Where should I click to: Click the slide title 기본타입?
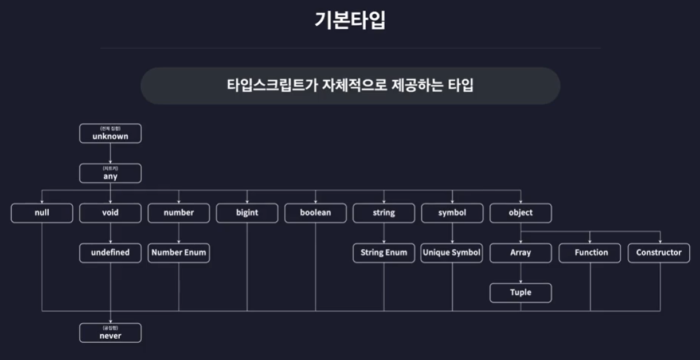pyautogui.click(x=350, y=21)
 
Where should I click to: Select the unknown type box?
pyautogui.click(x=110, y=134)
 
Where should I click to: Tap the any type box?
pyautogui.click(x=110, y=173)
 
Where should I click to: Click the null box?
pyautogui.click(x=42, y=213)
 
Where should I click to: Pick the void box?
pyautogui.click(x=110, y=213)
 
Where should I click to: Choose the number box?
pyautogui.click(x=179, y=213)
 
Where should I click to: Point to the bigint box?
pyautogui.click(x=247, y=213)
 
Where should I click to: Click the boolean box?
pyautogui.click(x=315, y=213)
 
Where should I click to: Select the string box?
pyautogui.click(x=384, y=213)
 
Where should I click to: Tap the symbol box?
pyautogui.click(x=452, y=213)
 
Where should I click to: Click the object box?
pyautogui.click(x=521, y=213)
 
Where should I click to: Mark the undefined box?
pyautogui.click(x=110, y=253)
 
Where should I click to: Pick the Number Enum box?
pyautogui.click(x=179, y=253)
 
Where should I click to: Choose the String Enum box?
pyautogui.click(x=384, y=253)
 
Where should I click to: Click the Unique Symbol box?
pyautogui.click(x=452, y=253)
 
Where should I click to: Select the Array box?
pyautogui.click(x=521, y=253)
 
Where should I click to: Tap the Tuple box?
pyautogui.click(x=521, y=292)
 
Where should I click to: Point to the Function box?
pyautogui.click(x=590, y=253)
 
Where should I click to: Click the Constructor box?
pyautogui.click(x=659, y=253)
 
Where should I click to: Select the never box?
pyautogui.click(x=110, y=333)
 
